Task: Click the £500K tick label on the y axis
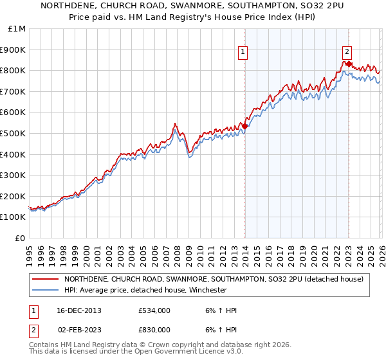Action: coord(13,133)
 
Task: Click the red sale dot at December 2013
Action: coord(244,126)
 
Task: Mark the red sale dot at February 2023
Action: coord(348,64)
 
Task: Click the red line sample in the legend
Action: coord(46,279)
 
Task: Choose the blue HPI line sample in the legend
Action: coord(46,290)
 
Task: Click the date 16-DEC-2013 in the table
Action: coord(78,310)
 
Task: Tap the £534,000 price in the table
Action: coord(154,310)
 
